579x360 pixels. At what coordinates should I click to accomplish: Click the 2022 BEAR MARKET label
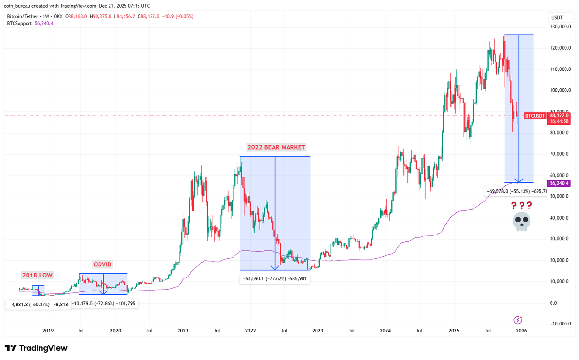pos(276,147)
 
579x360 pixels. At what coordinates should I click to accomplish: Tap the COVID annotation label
pos(102,264)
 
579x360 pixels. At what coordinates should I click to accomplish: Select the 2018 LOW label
pos(37,275)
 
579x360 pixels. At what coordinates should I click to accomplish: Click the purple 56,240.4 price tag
pos(559,183)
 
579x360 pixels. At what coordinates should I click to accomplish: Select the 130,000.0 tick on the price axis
pos(560,27)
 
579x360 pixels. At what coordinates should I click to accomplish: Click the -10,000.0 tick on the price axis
pos(560,324)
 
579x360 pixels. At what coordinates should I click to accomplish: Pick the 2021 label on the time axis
pos(183,331)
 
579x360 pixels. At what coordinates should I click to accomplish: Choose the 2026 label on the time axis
pos(521,331)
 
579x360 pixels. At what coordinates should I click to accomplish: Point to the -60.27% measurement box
pos(38,305)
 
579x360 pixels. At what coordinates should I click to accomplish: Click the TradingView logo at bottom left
pos(36,348)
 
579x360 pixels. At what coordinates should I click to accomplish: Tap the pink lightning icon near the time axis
pos(518,319)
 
